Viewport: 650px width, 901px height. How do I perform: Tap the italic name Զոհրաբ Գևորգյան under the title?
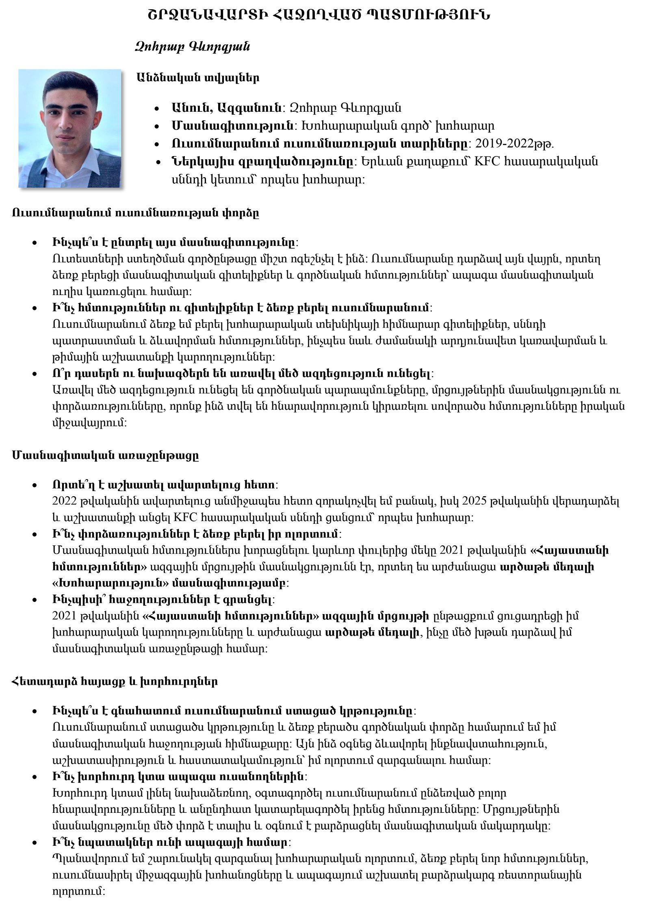(x=192, y=47)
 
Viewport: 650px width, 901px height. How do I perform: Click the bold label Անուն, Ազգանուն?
(x=227, y=108)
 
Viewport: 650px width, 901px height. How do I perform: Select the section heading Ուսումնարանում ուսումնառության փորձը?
(x=136, y=213)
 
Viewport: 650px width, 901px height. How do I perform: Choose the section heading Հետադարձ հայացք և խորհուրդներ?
(x=115, y=681)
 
